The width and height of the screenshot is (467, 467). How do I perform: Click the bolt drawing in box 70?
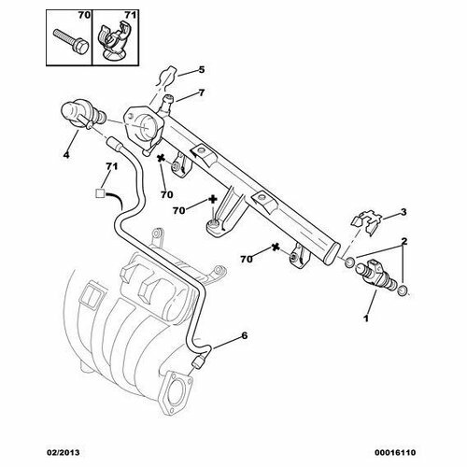(71, 42)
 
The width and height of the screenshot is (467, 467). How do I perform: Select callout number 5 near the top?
(202, 69)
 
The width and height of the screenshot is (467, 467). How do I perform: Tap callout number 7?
(202, 92)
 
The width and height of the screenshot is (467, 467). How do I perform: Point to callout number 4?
(66, 154)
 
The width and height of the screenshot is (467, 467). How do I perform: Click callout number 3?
(403, 212)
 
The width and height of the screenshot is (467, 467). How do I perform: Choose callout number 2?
(404, 241)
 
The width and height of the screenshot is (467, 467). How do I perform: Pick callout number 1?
(366, 318)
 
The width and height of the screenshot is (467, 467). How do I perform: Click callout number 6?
(245, 335)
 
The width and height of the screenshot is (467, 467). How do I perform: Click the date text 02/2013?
(64, 452)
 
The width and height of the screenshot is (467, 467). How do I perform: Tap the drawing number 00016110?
(395, 452)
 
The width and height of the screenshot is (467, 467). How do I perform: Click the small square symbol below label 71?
(100, 193)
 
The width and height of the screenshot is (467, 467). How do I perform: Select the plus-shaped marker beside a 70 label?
(213, 200)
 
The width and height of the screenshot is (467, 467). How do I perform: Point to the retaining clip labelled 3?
(367, 222)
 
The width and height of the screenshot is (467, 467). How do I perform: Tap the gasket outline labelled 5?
(167, 78)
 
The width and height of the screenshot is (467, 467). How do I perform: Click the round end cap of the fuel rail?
(333, 254)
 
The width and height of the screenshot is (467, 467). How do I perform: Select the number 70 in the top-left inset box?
(84, 15)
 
